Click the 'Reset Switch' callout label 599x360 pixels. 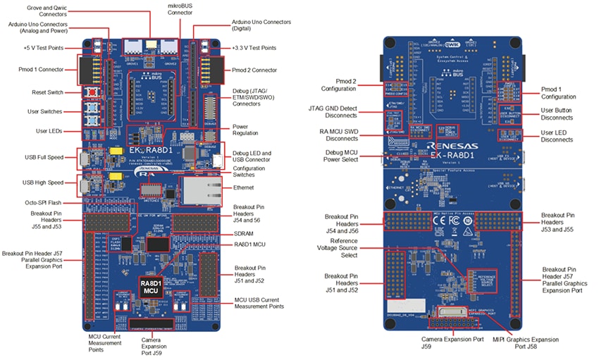coord(47,92)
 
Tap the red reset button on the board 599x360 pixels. coord(92,93)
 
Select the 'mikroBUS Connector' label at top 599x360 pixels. coord(182,9)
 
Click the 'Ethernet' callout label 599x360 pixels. coord(245,187)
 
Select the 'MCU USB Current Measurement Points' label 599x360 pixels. coord(260,304)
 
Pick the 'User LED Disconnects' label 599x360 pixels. coord(557,135)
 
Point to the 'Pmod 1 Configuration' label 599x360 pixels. coord(557,93)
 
